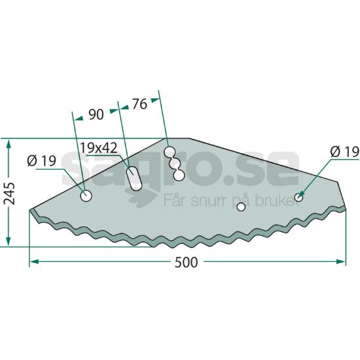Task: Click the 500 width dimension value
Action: pos(186,262)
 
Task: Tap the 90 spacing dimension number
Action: pos(96,115)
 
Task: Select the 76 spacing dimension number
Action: pos(139,104)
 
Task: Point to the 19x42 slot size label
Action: pos(98,148)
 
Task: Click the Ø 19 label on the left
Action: pos(41,160)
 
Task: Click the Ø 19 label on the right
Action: pos(345,152)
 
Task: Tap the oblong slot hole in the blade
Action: pos(134,179)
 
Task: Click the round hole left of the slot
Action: pos(86,196)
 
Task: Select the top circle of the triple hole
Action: pos(170,152)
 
